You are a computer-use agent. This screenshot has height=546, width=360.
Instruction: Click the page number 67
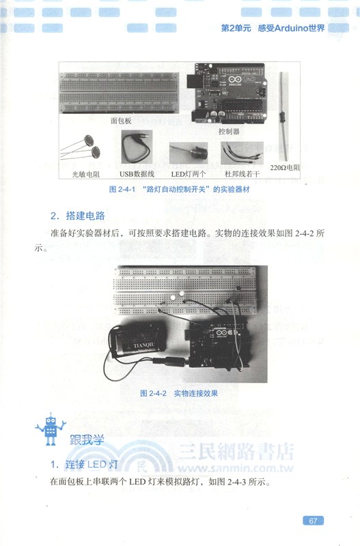(x=312, y=521)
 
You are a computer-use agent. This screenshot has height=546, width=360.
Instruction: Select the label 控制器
(x=229, y=130)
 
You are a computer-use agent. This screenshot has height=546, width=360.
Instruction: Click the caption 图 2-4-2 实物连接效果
(x=178, y=393)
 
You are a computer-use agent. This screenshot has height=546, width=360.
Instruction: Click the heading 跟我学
(x=85, y=440)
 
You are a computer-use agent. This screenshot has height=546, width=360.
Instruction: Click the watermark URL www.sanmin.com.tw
(x=235, y=469)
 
